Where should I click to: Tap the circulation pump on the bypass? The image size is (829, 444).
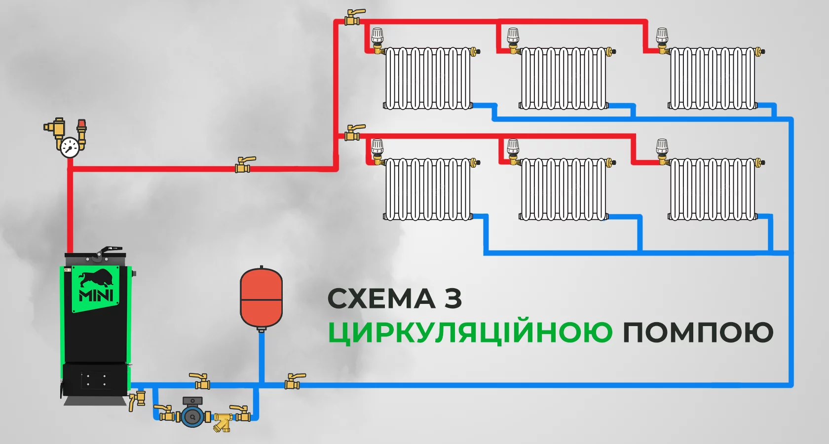tap(192, 416)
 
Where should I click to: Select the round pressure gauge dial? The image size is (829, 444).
tap(70, 147)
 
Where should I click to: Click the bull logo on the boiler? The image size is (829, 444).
tap(96, 279)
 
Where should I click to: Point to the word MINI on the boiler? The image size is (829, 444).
tap(96, 296)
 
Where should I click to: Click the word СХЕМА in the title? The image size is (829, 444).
tap(381, 299)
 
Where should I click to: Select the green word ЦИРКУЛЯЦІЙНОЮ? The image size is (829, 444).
tap(470, 333)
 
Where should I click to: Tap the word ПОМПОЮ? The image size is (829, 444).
tap(698, 333)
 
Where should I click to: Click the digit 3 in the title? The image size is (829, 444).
tap(452, 299)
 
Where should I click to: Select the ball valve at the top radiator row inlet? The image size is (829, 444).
tap(352, 18)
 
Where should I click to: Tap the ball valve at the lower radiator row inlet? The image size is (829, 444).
tap(352, 134)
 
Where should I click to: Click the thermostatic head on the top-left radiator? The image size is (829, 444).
tap(377, 36)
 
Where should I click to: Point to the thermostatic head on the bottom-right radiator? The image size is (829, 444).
tap(662, 147)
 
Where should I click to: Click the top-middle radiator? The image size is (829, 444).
tap(563, 78)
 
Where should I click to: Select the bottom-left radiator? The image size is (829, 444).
tap(427, 189)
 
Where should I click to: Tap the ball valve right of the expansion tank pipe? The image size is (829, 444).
tap(293, 381)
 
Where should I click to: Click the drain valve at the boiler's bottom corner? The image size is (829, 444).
tap(136, 400)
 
